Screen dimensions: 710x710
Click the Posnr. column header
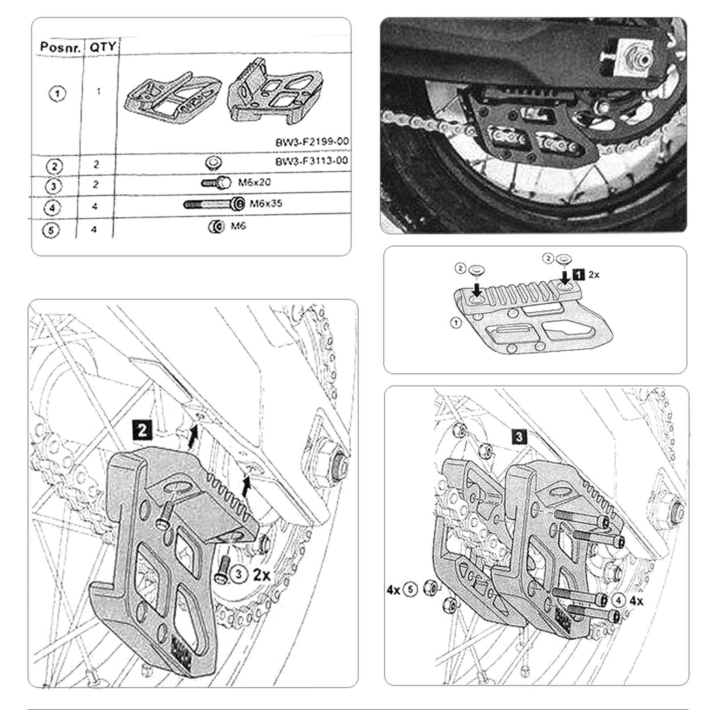pyautogui.click(x=60, y=47)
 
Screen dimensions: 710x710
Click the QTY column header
pyautogui.click(x=103, y=47)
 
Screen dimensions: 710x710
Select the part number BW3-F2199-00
pyautogui.click(x=312, y=142)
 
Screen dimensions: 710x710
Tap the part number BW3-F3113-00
pyautogui.click(x=312, y=161)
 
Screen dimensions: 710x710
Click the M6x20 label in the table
pyautogui.click(x=254, y=182)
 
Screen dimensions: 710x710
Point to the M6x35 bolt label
pyautogui.click(x=265, y=204)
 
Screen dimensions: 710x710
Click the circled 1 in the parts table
pyautogui.click(x=57, y=94)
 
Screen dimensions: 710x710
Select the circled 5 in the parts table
pyautogui.click(x=51, y=231)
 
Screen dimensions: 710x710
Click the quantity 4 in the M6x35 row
pyautogui.click(x=95, y=207)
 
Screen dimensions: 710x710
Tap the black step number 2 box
pyautogui.click(x=142, y=430)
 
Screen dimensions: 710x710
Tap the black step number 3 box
pyautogui.click(x=519, y=437)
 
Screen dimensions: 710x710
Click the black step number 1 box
pyautogui.click(x=578, y=275)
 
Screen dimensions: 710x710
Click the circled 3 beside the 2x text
pyautogui.click(x=239, y=574)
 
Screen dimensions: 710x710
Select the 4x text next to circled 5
pyautogui.click(x=393, y=590)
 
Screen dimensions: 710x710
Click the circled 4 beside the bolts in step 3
pyautogui.click(x=619, y=600)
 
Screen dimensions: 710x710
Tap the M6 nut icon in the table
pyautogui.click(x=216, y=227)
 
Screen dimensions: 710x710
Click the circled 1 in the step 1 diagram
pyautogui.click(x=456, y=323)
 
